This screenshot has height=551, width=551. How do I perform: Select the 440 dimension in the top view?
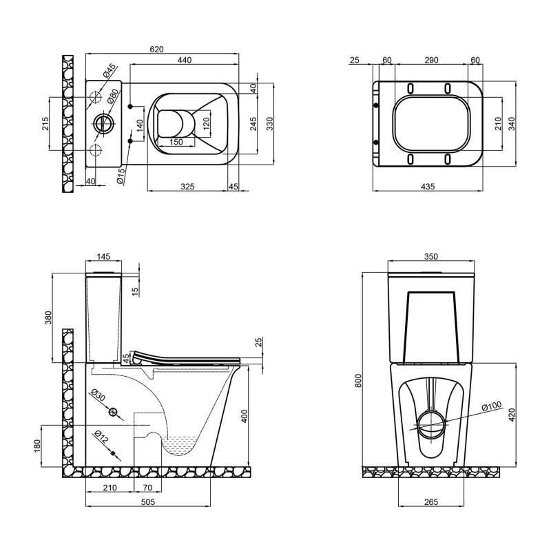point(184,61)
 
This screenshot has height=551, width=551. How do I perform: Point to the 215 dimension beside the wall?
point(45,123)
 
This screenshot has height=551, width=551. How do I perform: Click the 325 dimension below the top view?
point(187,186)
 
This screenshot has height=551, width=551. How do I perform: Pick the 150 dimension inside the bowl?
point(176,142)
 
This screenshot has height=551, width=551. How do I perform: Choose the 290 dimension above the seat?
point(430,61)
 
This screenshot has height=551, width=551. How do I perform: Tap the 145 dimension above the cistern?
point(103,257)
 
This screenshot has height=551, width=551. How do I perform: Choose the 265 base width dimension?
point(430,502)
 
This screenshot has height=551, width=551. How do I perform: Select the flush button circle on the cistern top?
point(105,125)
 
